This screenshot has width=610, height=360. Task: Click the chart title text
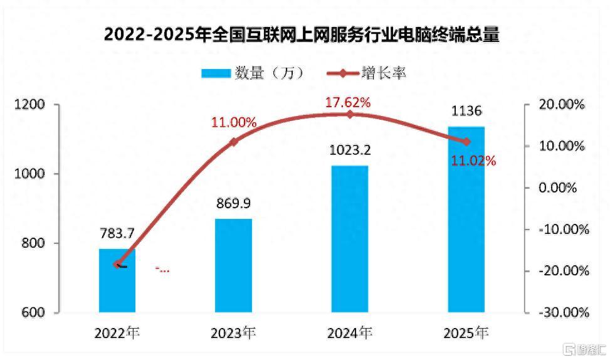(302, 34)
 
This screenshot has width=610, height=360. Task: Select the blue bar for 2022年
(117, 280)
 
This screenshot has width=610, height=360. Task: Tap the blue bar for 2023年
(233, 265)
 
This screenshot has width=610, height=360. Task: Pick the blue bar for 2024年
(350, 239)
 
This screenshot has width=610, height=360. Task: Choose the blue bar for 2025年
(466, 220)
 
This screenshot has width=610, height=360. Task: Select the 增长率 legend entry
(367, 73)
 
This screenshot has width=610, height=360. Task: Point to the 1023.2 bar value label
(350, 150)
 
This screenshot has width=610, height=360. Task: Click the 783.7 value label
(117, 233)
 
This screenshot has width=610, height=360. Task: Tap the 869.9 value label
(233, 203)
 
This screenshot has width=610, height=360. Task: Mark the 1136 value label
(466, 111)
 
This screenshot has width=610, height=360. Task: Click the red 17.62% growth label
(348, 102)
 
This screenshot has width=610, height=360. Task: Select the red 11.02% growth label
(473, 161)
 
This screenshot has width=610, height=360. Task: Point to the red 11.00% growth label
(234, 122)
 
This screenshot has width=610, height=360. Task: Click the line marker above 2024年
(350, 114)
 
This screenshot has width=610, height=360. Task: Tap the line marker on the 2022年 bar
(117, 264)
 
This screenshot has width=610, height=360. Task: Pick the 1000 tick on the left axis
(29, 174)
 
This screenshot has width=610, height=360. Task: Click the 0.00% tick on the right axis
(557, 188)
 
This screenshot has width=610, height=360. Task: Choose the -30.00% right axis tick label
(564, 312)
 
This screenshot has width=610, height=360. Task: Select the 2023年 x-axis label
(233, 333)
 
